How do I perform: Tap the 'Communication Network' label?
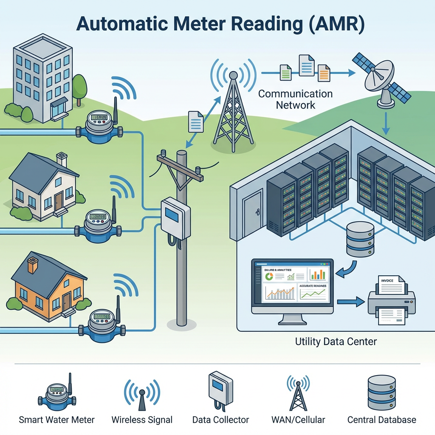point(296,99)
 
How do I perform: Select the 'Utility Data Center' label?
point(336,341)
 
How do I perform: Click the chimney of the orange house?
point(32,265)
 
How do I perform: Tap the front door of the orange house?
point(66,301)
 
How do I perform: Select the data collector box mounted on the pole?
point(175,218)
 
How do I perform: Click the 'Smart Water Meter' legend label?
point(56,420)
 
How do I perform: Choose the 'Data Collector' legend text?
point(220,420)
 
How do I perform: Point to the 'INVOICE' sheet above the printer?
point(391,284)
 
